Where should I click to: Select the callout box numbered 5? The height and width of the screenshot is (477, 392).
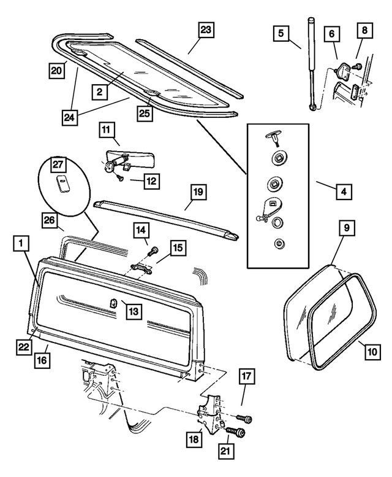(280, 34)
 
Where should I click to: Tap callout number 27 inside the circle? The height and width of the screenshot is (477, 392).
(57, 164)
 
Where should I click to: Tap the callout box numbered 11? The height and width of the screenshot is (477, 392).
(106, 130)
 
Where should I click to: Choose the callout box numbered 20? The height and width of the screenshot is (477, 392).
(57, 71)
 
